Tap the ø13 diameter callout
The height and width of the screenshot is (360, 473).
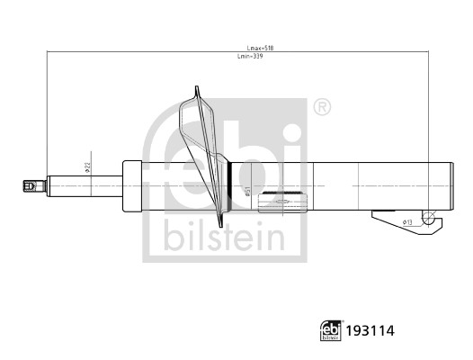pos(406,221)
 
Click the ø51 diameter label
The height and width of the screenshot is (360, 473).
pos(246,192)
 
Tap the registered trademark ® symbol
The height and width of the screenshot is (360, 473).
pos(321,108)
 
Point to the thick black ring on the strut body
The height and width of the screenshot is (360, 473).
pos(232,186)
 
